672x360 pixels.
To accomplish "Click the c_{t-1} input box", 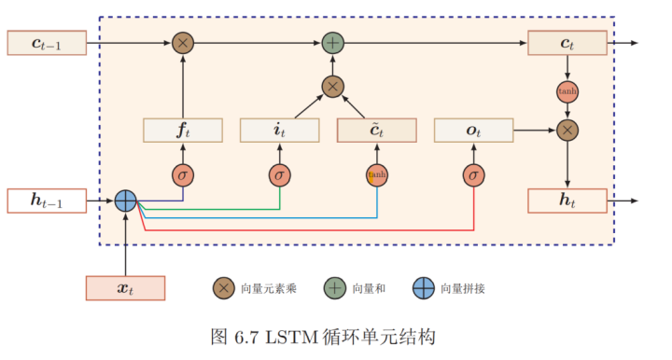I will pos(47,43).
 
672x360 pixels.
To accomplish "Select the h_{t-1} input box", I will pos(47,201).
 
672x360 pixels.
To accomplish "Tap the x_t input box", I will pos(125,288).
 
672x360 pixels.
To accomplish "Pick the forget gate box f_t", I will pos(183,131).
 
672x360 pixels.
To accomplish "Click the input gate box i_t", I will pos(280,131).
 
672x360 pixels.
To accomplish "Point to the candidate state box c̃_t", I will pos(376,131).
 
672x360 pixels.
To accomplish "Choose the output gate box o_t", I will pos(473,131).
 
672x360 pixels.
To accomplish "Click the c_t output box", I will pos(567,43).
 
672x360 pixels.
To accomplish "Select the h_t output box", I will pos(567,201).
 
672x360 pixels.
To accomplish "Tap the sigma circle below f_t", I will pos(183,174).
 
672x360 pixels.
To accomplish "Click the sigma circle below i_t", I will pos(280,174).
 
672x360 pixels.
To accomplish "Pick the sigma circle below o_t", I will pos(473,174).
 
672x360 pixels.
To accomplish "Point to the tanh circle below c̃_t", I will pos(376,174).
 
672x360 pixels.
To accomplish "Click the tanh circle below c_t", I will pos(567,92).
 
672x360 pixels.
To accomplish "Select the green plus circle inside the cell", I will pos(332,43).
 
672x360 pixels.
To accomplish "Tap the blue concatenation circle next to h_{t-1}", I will pos(125,201).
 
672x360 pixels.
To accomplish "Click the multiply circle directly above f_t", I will pos(183,43).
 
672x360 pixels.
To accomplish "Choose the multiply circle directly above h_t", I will pos(567,131).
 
